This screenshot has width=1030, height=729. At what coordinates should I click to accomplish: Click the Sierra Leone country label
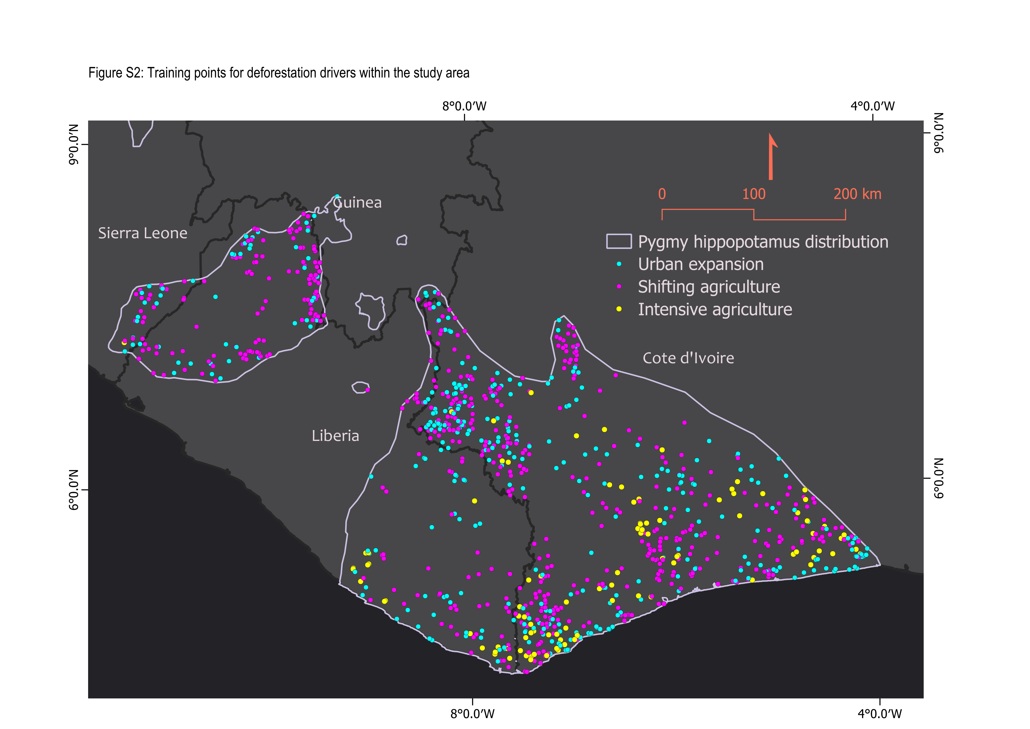tap(143, 233)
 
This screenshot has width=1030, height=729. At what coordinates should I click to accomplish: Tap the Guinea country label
tap(357, 203)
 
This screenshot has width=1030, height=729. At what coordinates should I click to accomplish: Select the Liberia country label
tap(336, 436)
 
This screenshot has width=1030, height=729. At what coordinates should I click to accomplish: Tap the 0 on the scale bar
tap(662, 194)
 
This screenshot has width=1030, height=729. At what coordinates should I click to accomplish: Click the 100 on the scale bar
tap(754, 194)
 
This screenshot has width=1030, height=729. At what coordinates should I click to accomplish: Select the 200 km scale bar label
tap(857, 194)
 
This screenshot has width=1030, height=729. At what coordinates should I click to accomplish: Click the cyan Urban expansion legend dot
tap(619, 264)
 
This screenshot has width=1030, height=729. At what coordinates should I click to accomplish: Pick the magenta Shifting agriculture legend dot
tap(619, 286)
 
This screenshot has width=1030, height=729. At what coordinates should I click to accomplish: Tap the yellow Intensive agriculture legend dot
tap(619, 309)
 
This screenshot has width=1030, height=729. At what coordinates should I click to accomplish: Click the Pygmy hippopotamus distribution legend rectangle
tap(619, 242)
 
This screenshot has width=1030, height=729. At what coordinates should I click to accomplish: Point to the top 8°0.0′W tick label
tap(464, 106)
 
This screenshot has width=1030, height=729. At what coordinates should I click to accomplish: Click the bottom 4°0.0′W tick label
tap(880, 714)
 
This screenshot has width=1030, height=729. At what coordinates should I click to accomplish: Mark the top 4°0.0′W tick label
tap(873, 106)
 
